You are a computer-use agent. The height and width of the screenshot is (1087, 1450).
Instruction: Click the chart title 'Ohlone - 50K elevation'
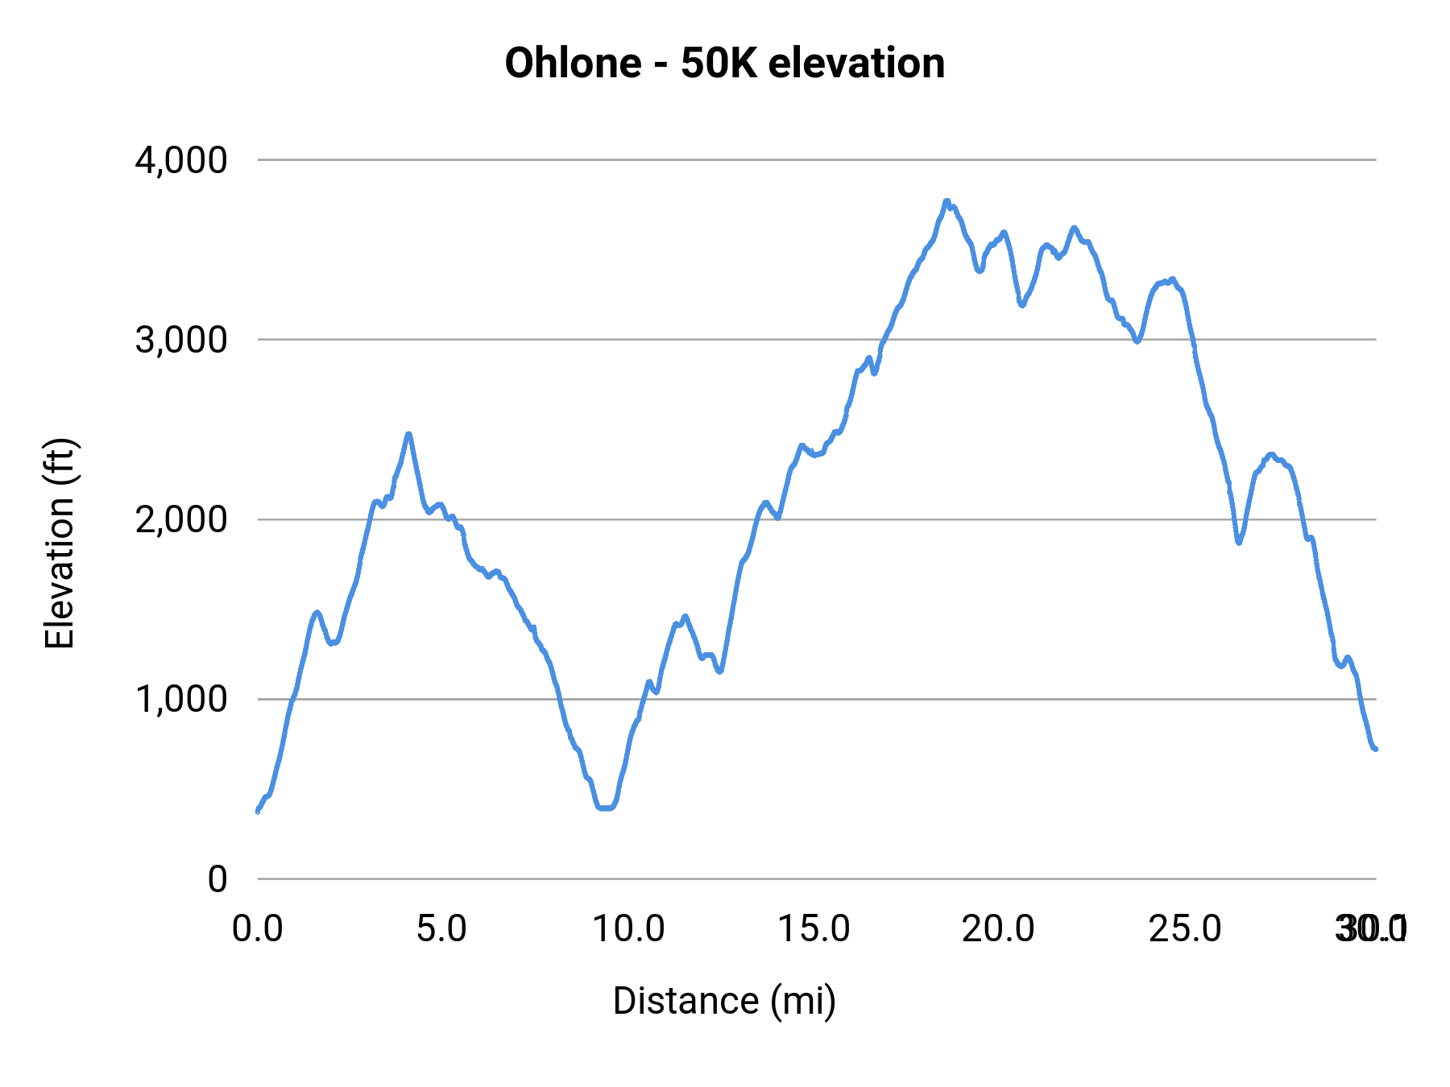[724, 63]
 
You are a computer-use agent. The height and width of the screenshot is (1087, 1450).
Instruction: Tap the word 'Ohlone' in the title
[573, 63]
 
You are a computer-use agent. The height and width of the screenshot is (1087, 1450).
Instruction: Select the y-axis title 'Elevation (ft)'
[60, 543]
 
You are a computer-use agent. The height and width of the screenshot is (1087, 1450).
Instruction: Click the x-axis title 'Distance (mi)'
[724, 1001]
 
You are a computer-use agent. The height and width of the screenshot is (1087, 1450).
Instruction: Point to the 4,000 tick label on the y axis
[182, 160]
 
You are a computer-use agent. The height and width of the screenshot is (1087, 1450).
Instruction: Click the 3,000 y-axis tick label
[182, 340]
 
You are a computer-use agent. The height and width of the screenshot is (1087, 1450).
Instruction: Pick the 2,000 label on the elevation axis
[182, 519]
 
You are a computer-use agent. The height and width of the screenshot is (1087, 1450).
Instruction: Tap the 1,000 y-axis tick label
[182, 699]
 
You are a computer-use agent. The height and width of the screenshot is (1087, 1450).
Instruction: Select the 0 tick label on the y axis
[217, 878]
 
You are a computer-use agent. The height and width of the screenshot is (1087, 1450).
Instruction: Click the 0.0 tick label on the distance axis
[258, 928]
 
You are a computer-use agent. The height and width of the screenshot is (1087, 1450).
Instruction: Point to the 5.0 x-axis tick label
[442, 928]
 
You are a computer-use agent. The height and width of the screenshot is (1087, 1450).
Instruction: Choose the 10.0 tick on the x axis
[628, 928]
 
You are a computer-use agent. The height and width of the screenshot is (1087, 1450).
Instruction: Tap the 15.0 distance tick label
[814, 928]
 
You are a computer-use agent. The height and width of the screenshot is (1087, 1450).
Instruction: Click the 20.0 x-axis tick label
[999, 928]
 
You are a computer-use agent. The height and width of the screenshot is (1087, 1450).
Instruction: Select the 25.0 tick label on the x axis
[1185, 928]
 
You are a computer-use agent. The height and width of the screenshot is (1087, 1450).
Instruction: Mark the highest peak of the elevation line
[947, 201]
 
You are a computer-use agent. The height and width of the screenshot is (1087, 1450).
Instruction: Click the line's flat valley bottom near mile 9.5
[606, 808]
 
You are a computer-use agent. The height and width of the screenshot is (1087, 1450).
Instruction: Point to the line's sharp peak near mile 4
[409, 434]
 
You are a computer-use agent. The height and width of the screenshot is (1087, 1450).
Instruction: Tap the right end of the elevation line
[1376, 750]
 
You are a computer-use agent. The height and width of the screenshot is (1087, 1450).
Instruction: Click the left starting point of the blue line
[258, 811]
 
